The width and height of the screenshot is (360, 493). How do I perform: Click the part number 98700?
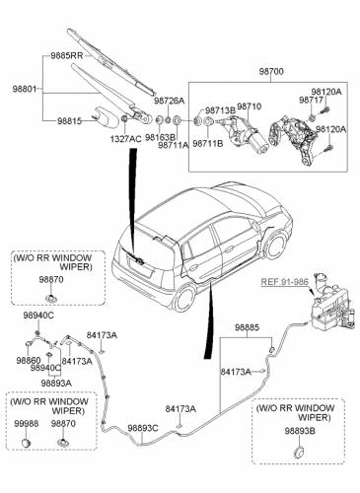point(271,72)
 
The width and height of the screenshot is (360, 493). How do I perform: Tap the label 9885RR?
point(67,55)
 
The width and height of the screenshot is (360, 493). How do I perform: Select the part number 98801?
point(25,89)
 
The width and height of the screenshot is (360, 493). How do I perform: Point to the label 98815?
point(69,121)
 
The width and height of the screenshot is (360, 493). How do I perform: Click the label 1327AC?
point(125,139)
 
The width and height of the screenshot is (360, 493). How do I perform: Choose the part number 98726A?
point(170,101)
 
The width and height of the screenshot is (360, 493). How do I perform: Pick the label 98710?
point(250,106)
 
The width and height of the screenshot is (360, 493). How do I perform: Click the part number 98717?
point(312,101)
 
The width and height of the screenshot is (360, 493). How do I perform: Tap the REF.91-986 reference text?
point(285,282)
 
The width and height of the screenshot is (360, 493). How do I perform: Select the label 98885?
point(247,327)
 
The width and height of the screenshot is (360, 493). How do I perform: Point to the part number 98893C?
point(143,428)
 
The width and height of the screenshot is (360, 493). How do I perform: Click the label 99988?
point(26,424)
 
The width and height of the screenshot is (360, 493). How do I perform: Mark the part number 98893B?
point(300,431)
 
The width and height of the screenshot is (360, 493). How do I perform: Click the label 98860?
point(29,361)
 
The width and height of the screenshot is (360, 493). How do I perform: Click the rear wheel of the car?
point(183,299)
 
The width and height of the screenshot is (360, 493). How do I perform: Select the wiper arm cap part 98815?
point(106,116)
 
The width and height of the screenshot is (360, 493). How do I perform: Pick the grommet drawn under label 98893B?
point(299,452)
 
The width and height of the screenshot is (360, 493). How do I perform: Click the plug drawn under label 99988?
point(26,443)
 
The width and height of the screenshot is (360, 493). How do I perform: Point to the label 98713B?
point(220,110)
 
